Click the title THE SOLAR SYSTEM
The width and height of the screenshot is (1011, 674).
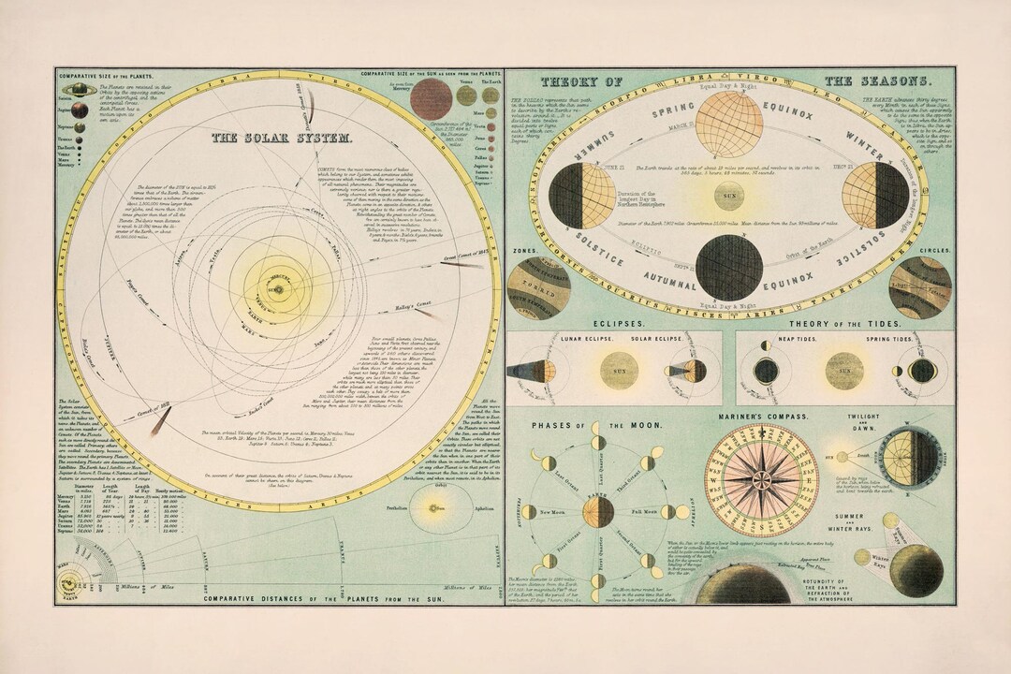[x=282, y=138]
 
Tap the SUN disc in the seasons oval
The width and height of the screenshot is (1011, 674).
[x=728, y=197]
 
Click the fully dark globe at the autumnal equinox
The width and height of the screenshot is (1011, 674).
[x=728, y=267]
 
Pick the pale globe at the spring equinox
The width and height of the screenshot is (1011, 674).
[x=728, y=125]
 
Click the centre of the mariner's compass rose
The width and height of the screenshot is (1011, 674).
[x=760, y=480]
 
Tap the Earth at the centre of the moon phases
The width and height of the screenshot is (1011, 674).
[x=598, y=512]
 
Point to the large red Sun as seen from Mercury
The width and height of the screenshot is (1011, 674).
[x=431, y=98]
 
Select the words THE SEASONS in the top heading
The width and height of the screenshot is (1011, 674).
[x=877, y=81]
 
